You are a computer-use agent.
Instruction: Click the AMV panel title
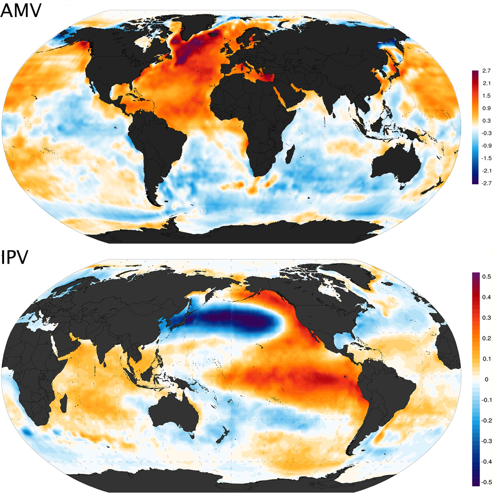point(21,10)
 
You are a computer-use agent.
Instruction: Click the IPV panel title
point(15,257)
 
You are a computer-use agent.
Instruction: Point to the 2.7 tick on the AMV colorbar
point(486,71)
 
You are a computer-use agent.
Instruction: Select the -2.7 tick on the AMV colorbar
point(486,183)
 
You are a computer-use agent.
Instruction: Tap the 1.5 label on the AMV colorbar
point(486,96)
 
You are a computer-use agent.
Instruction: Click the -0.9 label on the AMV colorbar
point(486,146)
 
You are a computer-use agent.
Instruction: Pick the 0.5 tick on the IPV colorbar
point(486,277)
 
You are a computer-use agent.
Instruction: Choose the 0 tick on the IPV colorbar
point(486,380)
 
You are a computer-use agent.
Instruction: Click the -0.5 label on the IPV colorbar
point(486,482)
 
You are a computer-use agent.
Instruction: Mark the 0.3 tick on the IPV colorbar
point(486,318)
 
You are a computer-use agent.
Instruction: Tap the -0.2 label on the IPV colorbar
point(486,421)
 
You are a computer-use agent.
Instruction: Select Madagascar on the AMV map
point(290,154)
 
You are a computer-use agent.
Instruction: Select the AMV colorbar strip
point(475,127)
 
